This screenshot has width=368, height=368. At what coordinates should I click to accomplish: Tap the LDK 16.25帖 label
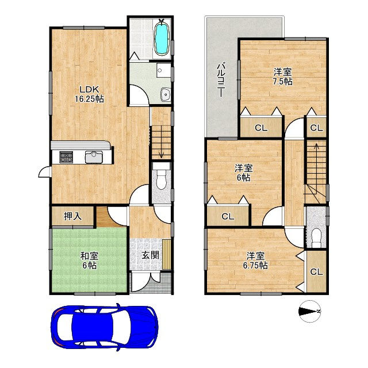pyautogui.click(x=89, y=94)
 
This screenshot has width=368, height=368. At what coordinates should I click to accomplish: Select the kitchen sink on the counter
pyautogui.click(x=94, y=157)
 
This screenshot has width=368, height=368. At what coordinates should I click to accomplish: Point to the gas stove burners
pyautogui.click(x=66, y=157)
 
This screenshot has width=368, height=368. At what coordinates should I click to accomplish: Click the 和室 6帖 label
pyautogui.click(x=89, y=260)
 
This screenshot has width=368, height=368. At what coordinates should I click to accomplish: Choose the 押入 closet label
pyautogui.click(x=73, y=216)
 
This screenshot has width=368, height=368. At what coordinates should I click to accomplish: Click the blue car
pyautogui.click(x=105, y=327)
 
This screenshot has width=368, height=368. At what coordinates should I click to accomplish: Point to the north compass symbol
pyautogui.click(x=309, y=311)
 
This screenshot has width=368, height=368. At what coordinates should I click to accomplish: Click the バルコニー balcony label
pyautogui.click(x=221, y=79)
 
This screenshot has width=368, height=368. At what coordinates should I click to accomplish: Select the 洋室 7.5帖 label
pyautogui.click(x=282, y=76)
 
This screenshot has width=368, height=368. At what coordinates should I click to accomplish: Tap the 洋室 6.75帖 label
pyautogui.click(x=255, y=260)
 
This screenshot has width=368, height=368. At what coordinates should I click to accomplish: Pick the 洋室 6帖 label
pyautogui.click(x=244, y=172)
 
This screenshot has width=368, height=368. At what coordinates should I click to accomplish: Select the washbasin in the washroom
pyautogui.click(x=166, y=94)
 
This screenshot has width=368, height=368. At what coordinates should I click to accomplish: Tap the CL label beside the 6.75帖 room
pyautogui.click(x=317, y=272)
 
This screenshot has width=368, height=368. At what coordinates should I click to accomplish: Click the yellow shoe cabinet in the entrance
pyautogui.click(x=166, y=254)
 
